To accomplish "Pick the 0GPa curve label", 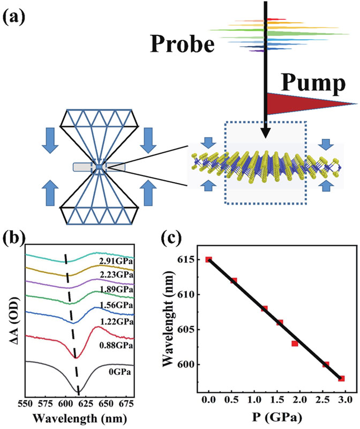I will (120, 369).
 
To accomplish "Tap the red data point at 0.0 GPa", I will (209, 260).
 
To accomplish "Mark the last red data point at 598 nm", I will (341, 378).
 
